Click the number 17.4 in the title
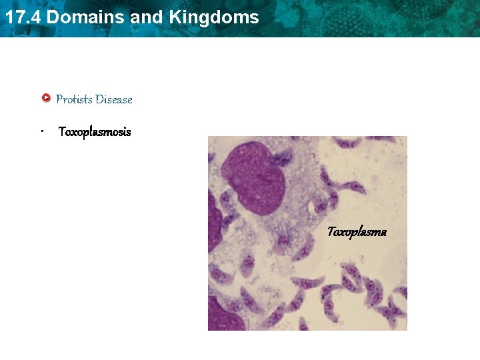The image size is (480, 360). coord(23,17)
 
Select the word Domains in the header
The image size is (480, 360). coord(87,17)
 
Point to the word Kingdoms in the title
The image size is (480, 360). coord(214,17)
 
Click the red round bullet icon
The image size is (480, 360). coord(46,99)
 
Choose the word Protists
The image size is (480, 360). coord(74,99)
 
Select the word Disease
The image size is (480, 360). coord(114,99)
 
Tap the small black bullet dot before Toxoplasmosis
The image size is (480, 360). coord(41,132)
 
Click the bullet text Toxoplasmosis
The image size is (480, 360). coord(95,132)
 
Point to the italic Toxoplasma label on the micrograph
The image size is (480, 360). coord(357,232)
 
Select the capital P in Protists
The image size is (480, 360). coord(60,99)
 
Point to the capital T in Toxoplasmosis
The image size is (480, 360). coord(62,132)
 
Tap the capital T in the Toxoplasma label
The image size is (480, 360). coord(331,232)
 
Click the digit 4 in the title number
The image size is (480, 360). coord(35,17)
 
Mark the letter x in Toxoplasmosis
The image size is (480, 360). coord(73,133)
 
